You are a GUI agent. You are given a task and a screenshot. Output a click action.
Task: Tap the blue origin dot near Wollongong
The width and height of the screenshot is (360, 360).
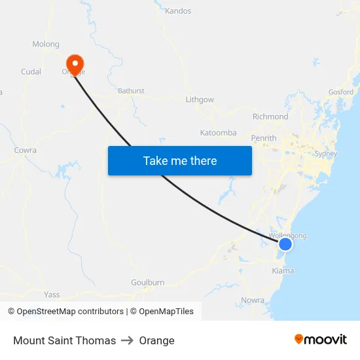pos(285,244)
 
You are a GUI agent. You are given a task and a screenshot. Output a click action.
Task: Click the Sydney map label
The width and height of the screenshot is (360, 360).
pos(325,154)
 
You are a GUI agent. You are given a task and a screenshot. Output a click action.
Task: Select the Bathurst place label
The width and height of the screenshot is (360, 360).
pos(131,91)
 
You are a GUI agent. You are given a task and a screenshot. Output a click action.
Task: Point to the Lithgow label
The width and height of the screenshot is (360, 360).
pos(200,99)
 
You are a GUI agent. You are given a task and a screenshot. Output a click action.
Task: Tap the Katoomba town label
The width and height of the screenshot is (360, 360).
pos(218,133)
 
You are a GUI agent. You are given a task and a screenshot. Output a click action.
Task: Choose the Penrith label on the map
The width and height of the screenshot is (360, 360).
pos(264,138)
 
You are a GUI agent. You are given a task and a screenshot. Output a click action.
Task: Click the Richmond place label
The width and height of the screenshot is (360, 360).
pos(270,117)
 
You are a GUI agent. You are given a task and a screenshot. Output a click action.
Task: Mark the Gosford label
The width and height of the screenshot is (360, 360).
pos(340,92)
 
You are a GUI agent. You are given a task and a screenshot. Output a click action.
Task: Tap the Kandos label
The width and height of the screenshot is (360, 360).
pos(178,11)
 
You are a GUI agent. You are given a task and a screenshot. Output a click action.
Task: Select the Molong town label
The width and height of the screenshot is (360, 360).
pos(46,45)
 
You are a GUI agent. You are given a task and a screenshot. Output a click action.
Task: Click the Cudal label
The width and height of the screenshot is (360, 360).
pos(31,72)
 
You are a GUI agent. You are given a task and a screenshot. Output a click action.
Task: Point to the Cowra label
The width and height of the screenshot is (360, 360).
pos(25,151)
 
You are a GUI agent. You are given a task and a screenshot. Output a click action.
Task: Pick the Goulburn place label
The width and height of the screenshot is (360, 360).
pos(147,282)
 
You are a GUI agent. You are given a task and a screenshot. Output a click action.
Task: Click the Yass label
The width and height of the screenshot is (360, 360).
pos(52,295)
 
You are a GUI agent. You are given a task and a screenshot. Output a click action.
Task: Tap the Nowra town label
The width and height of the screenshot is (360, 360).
pos(252,300)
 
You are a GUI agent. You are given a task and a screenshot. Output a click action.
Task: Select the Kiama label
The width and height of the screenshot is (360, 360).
pos(283,270)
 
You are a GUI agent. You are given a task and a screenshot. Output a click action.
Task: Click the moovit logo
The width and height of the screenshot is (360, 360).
pos(321,339)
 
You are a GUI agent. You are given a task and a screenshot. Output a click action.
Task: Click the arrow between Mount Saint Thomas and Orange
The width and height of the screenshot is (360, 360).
pos(127,340)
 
